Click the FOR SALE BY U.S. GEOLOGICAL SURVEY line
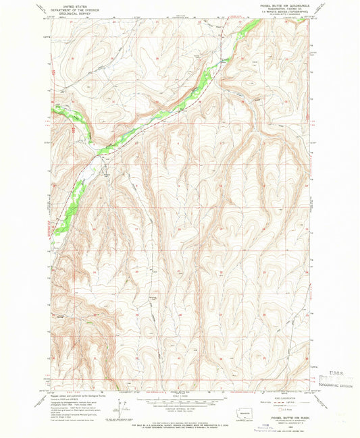[180, 424]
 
